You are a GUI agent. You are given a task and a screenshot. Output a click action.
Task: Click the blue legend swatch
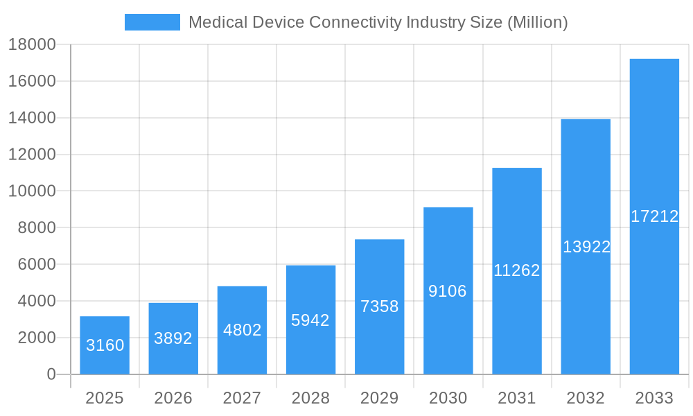[152, 22]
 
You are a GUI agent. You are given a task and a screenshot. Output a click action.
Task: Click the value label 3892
[173, 338]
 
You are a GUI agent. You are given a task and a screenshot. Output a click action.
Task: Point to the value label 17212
[654, 216]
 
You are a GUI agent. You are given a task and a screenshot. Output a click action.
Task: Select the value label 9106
[448, 291]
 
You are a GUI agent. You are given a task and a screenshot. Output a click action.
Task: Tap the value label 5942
[310, 320]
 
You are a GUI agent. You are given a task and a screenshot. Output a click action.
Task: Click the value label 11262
[516, 270]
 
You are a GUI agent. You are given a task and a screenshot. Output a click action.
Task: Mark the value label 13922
[586, 247]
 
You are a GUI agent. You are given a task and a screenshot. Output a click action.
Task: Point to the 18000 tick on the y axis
[32, 44]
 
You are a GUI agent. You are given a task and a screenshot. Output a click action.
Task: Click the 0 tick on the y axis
[51, 374]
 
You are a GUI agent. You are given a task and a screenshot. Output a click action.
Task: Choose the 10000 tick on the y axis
[32, 191]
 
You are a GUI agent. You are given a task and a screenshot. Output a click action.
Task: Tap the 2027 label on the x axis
[242, 398]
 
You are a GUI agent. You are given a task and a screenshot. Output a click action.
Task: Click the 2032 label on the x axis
[586, 398]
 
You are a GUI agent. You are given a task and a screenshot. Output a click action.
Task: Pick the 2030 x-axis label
[448, 398]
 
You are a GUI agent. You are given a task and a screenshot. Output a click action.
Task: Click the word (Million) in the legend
[538, 22]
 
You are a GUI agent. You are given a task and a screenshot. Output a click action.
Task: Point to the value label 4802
[242, 330]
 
